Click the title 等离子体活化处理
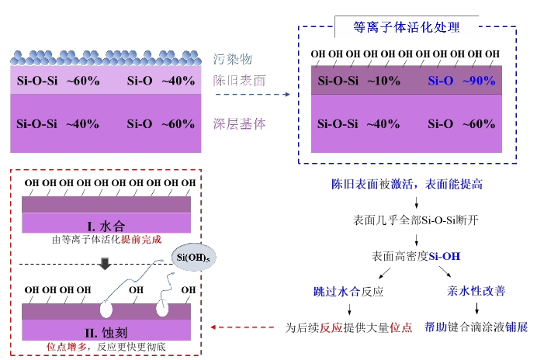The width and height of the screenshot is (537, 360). [407, 27]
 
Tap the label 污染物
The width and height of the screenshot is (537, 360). [233, 59]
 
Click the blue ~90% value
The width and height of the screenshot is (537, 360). [479, 81]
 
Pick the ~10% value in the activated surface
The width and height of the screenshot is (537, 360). [383, 81]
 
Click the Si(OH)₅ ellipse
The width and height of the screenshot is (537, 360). [189, 256]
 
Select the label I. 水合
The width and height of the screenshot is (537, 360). [106, 226]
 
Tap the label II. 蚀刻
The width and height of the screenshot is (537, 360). [106, 332]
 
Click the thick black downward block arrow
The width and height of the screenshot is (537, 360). [106, 265]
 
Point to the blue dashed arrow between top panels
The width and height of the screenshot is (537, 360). [251, 95]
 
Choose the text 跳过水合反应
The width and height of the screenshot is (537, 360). [348, 292]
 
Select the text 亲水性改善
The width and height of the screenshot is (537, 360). [476, 292]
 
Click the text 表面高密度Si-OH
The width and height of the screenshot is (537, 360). [416, 255]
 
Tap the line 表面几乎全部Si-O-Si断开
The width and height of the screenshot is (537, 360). [416, 220]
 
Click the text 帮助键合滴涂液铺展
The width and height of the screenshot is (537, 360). [476, 327]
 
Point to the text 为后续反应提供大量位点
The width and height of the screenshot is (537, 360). [349, 327]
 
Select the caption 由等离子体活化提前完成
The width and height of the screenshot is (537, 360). [106, 240]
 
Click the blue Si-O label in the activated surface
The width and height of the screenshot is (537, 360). [440, 81]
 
